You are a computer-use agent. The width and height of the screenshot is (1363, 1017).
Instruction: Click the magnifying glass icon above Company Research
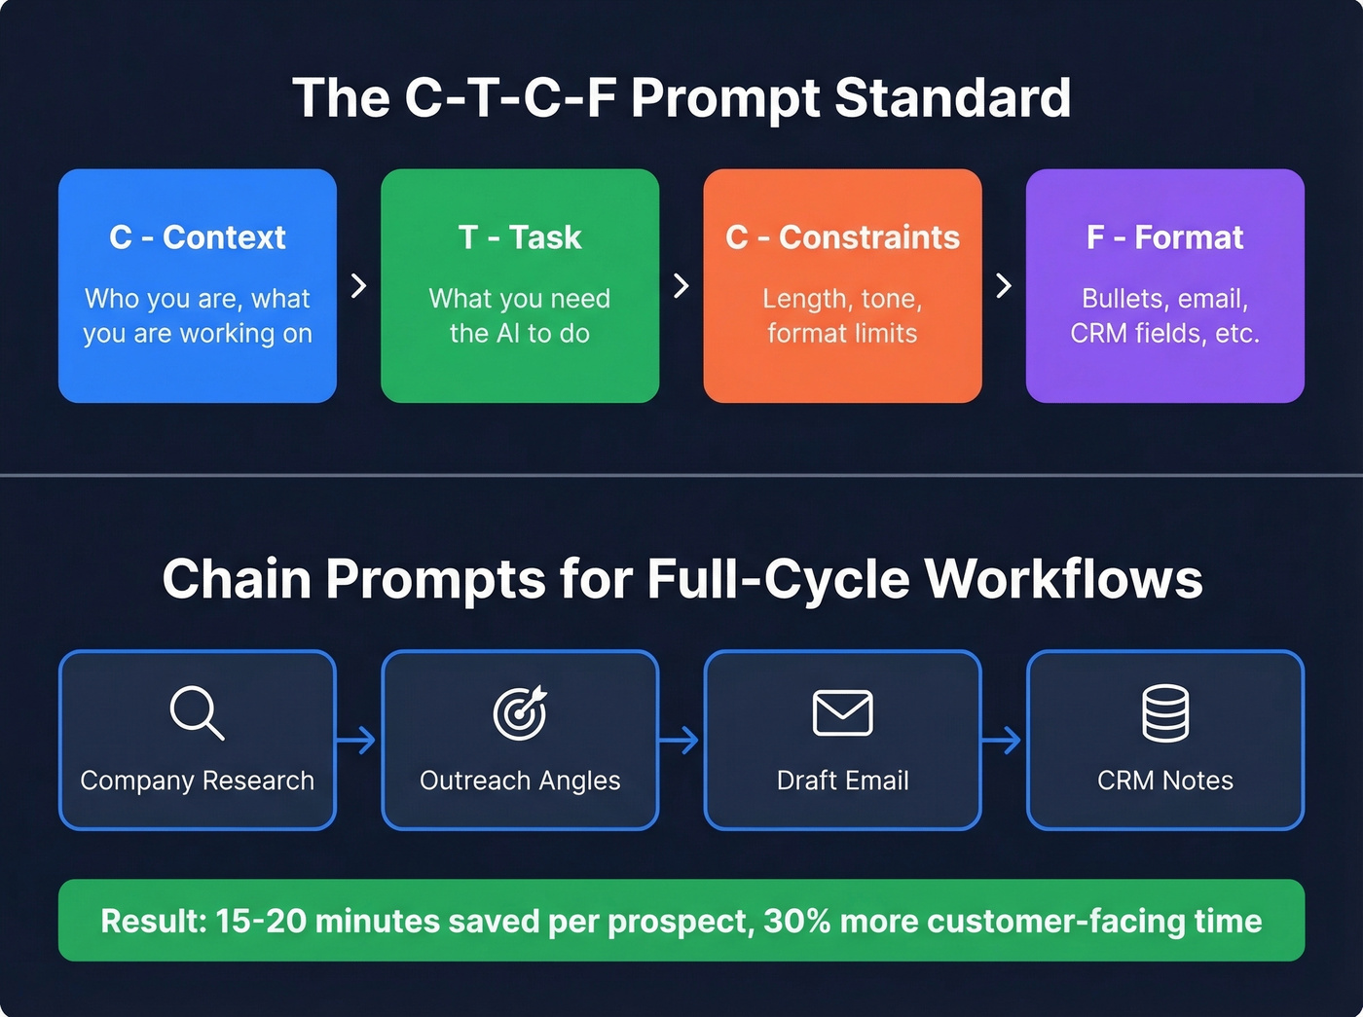point(196,712)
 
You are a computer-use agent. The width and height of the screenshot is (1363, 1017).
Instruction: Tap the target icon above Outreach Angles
point(520,712)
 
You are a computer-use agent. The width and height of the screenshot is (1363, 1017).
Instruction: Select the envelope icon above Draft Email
point(842,712)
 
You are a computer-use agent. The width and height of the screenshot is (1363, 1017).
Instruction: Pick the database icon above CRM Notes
point(1164,712)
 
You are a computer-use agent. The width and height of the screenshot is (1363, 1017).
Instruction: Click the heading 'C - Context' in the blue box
point(198,237)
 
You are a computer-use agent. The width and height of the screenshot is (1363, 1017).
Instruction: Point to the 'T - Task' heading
point(520,237)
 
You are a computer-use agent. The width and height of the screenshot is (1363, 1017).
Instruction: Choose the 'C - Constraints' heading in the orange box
point(842,237)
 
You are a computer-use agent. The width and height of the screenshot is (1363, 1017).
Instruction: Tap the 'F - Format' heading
point(1164,237)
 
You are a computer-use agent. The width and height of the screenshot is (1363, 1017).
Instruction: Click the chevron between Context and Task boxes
point(358,285)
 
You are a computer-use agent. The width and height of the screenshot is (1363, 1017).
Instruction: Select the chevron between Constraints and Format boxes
point(1004,285)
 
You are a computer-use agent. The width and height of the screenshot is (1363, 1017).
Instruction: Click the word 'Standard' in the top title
point(952,98)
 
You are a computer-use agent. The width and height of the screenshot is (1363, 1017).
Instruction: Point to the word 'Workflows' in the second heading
point(1063,579)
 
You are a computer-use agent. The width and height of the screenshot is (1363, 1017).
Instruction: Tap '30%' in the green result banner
point(796,921)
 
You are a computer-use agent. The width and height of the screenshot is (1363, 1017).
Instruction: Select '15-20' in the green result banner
point(261,921)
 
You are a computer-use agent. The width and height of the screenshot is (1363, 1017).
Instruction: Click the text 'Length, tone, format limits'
point(842,315)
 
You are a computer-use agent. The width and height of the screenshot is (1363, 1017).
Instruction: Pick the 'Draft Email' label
point(842,781)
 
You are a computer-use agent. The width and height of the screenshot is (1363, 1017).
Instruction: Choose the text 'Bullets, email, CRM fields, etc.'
point(1164,315)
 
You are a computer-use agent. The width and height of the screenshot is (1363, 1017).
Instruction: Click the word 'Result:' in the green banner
point(153,921)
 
